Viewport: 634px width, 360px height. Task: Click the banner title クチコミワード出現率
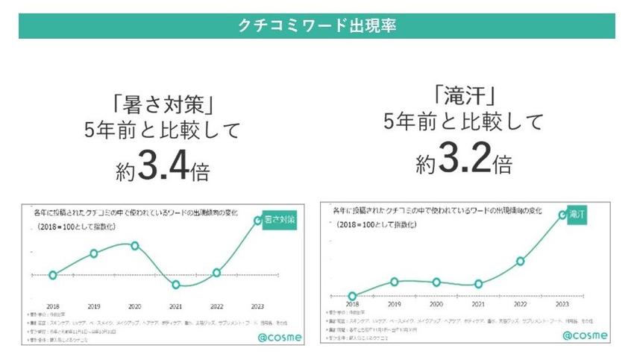pos(316,25)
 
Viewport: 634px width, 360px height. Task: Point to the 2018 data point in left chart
pos(52,275)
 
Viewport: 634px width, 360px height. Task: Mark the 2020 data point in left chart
pos(135,245)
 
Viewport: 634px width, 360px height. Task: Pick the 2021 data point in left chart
pos(176,284)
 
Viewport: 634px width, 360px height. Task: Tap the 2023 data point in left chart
pos(258,221)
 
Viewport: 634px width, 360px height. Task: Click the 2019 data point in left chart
pos(94,253)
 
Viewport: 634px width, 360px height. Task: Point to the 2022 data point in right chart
pos(521,261)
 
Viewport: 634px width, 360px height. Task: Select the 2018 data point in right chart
pos(352,296)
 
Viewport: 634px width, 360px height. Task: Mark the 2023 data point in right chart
pos(562,215)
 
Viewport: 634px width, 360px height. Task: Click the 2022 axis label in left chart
pos(217,306)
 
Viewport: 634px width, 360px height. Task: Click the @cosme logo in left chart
pos(280,336)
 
